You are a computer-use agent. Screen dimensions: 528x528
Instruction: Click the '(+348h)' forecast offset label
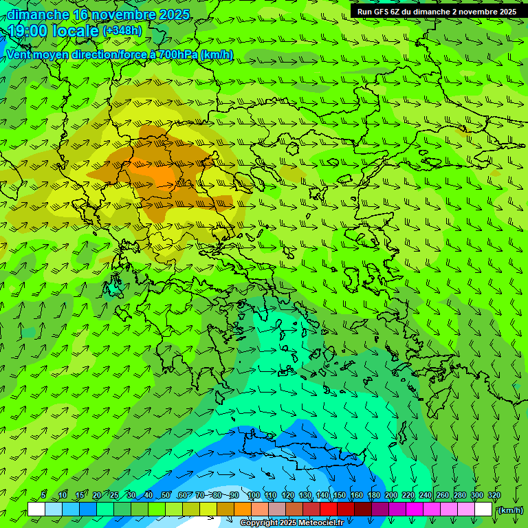click(x=122, y=31)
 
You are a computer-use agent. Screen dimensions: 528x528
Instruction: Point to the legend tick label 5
click(x=43, y=495)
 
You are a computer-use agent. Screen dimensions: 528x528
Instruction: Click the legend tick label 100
click(x=253, y=495)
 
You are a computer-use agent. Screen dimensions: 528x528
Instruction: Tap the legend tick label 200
click(x=391, y=495)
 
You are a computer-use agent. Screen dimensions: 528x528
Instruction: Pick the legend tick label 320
click(x=494, y=495)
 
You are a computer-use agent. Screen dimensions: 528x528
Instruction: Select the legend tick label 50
click(x=166, y=495)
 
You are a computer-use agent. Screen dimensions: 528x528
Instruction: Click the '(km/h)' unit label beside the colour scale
click(x=510, y=510)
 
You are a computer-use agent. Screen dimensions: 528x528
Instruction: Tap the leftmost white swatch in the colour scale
click(x=36, y=509)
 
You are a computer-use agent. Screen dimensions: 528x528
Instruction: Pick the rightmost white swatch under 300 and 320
click(x=483, y=509)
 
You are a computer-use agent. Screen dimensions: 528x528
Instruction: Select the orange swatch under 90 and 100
click(x=243, y=509)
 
